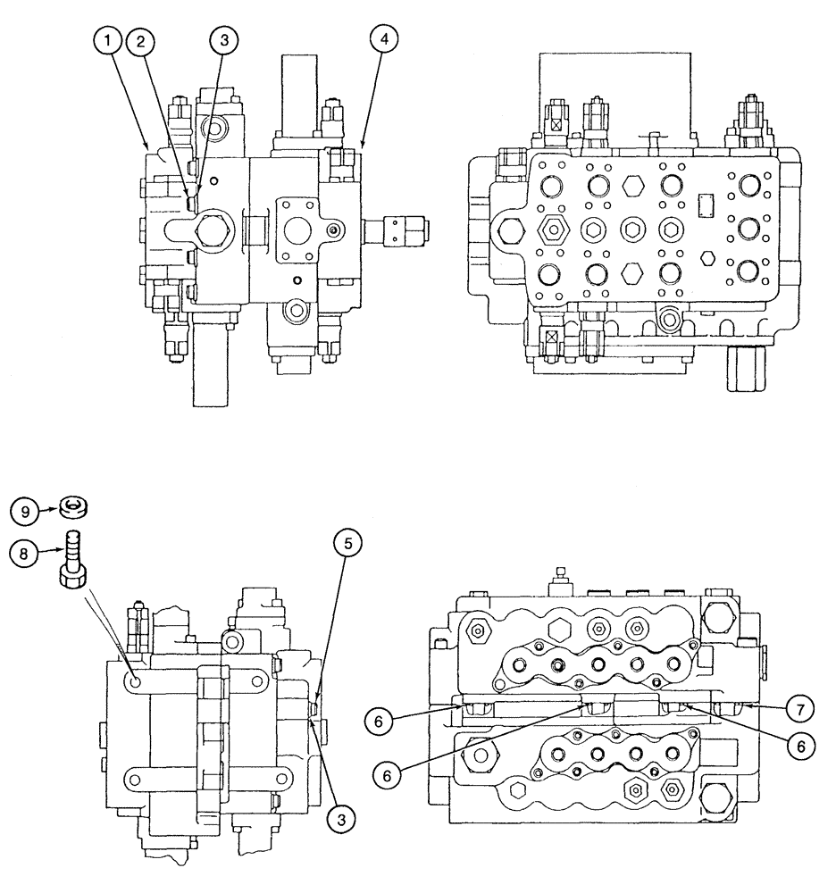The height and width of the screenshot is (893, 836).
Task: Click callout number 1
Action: pos(109,41)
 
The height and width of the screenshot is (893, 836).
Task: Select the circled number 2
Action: pos(140,41)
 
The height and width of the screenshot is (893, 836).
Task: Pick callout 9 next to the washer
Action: pos(24,512)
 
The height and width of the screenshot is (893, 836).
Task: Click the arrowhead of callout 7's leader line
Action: pos(748,706)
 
